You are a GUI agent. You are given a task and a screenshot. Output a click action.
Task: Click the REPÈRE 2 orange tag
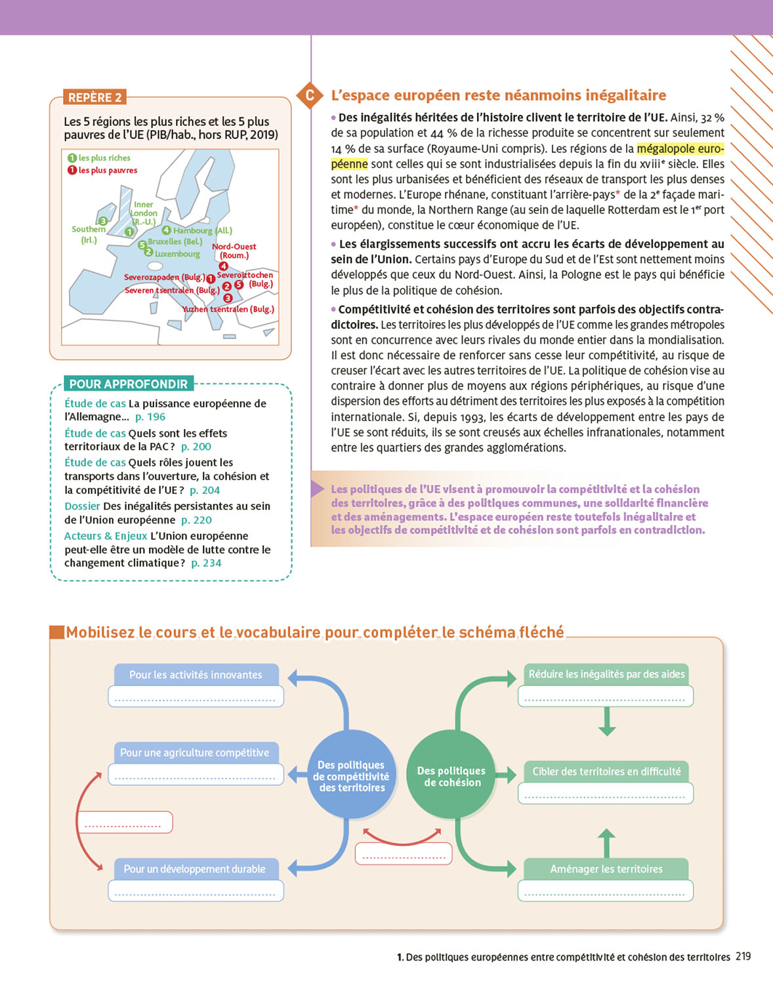[x=94, y=97]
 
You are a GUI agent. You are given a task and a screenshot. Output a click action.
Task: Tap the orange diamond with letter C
[x=310, y=95]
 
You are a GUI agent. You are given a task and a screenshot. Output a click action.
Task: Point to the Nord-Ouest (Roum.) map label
[x=234, y=251]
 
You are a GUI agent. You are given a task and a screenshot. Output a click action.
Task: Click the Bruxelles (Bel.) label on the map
[x=175, y=241]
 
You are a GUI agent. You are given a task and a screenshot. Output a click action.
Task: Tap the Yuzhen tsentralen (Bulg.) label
[x=228, y=309]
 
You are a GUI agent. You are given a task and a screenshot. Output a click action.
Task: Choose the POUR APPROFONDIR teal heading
[x=129, y=384]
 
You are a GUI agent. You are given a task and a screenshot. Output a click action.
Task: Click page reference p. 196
[x=150, y=417]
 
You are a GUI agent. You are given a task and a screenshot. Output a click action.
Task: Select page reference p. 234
[x=206, y=563]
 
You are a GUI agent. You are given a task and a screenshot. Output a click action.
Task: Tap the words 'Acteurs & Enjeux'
[x=105, y=536]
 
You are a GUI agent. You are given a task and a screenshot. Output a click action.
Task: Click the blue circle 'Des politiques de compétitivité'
[x=351, y=776]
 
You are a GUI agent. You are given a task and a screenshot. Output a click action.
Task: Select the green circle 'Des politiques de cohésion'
[x=451, y=776]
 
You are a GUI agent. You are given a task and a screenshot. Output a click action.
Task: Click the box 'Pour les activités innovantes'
[x=196, y=674]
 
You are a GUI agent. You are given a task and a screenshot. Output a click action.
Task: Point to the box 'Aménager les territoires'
[x=606, y=869]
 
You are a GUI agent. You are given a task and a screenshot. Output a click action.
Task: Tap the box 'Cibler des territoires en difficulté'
[x=606, y=771]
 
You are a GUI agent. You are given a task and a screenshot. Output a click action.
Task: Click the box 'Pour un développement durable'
[x=195, y=869]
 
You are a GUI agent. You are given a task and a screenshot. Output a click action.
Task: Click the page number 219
[x=743, y=956]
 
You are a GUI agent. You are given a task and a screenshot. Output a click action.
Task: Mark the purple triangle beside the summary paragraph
[x=318, y=489]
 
